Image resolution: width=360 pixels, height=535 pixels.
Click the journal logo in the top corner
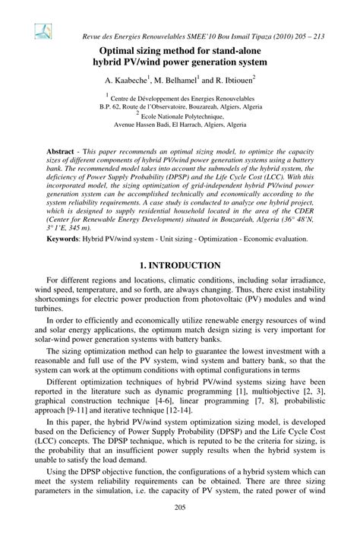point(42,30)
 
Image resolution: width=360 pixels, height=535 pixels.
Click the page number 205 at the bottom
point(180,507)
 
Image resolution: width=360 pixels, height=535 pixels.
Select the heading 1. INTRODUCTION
point(180,265)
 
